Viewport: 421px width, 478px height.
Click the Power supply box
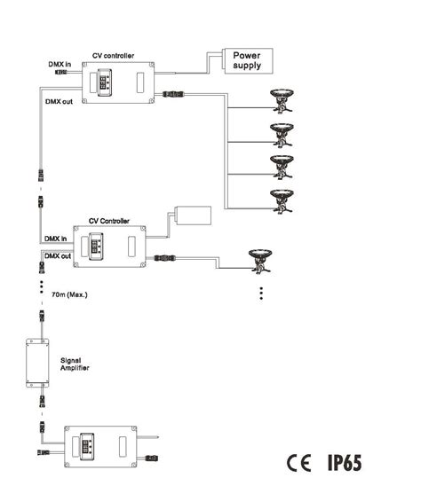[247, 59]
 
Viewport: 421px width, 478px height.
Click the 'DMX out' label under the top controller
[60, 102]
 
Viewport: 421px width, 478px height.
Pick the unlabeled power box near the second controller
[191, 215]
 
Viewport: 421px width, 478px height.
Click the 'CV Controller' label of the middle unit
[109, 220]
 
